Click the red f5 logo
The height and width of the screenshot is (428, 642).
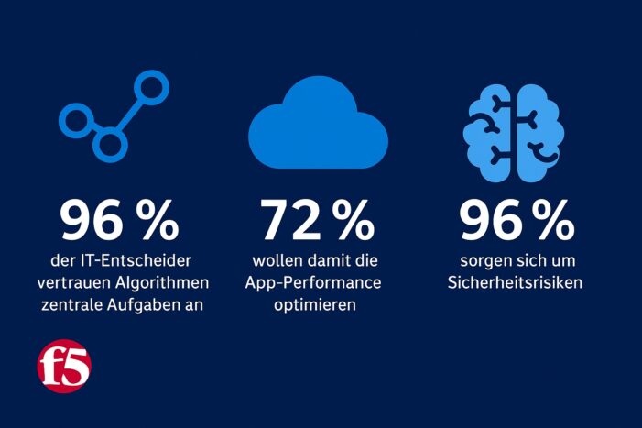tap(64, 367)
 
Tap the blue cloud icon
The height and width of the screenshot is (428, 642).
tap(319, 127)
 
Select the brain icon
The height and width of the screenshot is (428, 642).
tap(513, 128)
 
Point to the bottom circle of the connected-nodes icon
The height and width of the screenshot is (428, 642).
tap(109, 143)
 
